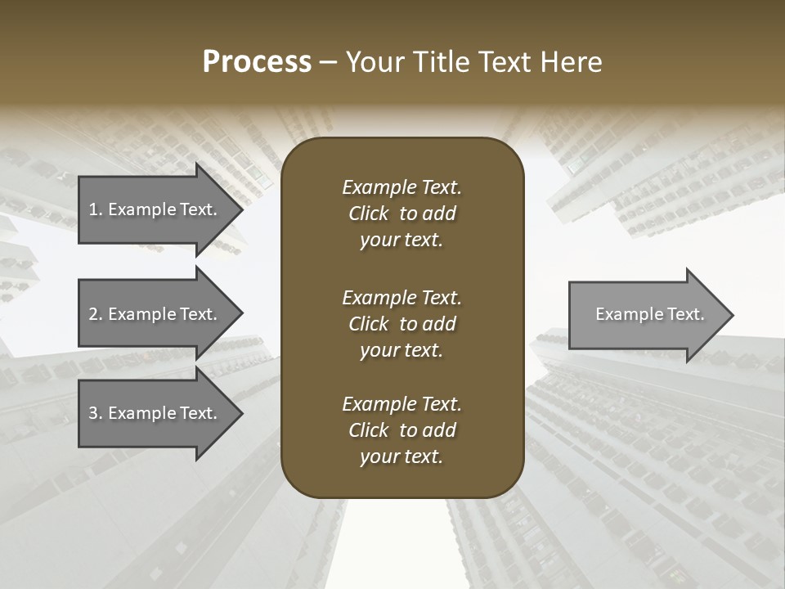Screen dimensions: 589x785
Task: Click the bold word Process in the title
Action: click(x=257, y=62)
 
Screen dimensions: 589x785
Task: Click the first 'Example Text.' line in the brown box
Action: click(x=401, y=187)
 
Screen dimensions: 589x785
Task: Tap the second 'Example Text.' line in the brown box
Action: click(x=401, y=297)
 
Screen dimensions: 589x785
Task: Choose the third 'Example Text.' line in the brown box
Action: click(x=401, y=404)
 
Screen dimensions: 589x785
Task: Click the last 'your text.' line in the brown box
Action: click(x=401, y=457)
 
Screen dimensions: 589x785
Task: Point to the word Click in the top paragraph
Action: click(x=369, y=214)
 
